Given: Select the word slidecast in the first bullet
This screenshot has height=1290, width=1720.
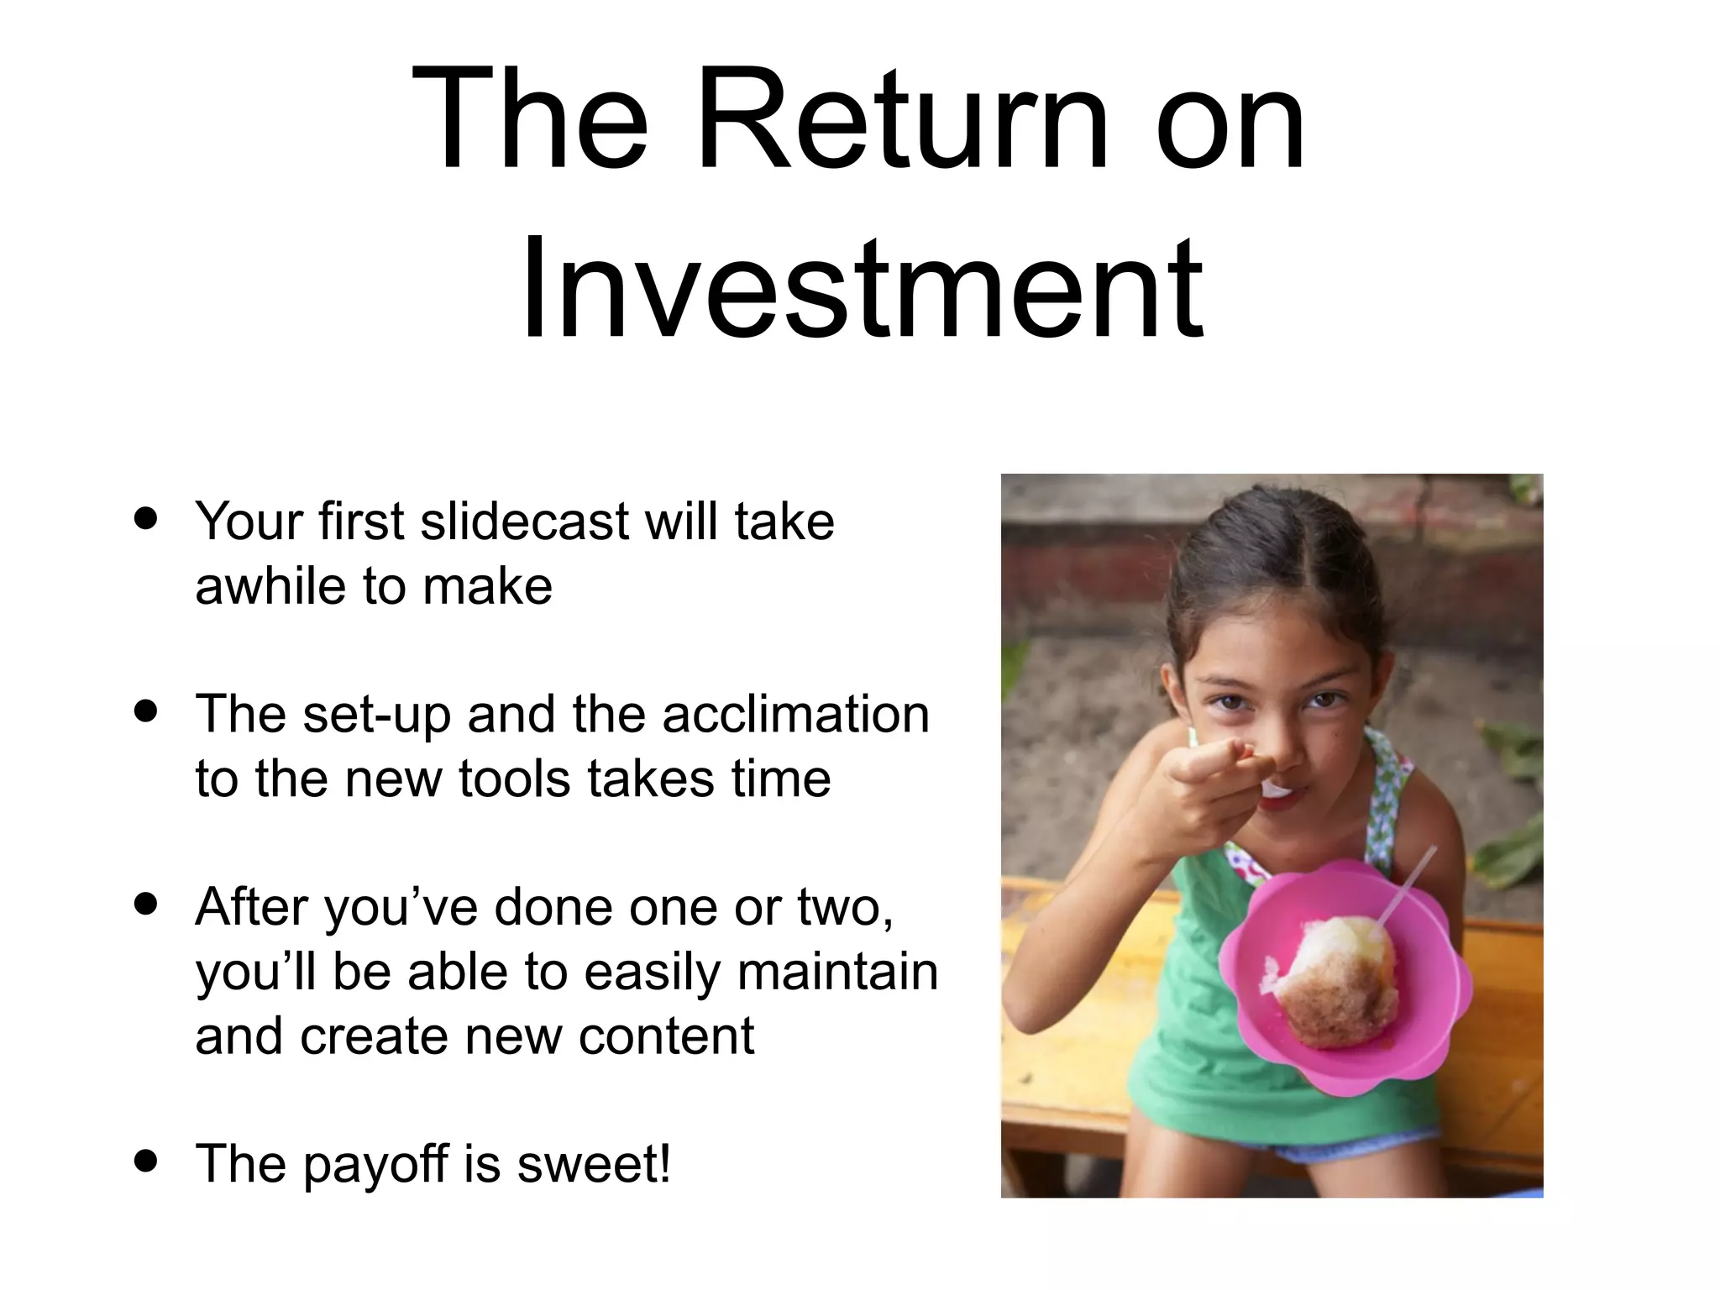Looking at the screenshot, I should tap(524, 522).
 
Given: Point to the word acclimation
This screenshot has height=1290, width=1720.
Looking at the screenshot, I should tap(795, 715).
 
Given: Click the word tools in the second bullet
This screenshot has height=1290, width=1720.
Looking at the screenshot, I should tap(512, 779).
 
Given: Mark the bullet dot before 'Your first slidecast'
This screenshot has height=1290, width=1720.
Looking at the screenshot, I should tap(146, 518).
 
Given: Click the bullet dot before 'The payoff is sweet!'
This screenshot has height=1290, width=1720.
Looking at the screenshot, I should tap(146, 1161).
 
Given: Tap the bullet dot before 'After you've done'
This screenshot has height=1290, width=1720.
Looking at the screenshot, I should tap(146, 905).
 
